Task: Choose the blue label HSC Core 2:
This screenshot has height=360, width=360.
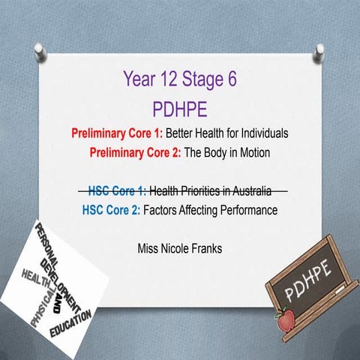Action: pyautogui.click(x=111, y=210)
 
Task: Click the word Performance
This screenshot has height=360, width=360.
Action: pyautogui.click(x=248, y=210)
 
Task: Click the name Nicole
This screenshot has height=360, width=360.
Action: pyautogui.click(x=175, y=246)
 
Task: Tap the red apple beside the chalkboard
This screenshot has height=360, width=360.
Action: pyautogui.click(x=286, y=321)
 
